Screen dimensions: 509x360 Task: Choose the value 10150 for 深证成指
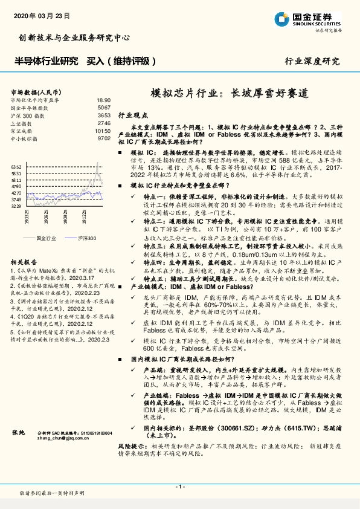coord(103,130)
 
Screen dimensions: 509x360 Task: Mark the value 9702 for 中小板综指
coord(104,138)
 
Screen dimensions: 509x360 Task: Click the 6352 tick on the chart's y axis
coord(16,166)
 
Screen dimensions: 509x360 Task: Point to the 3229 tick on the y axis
coord(16,206)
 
